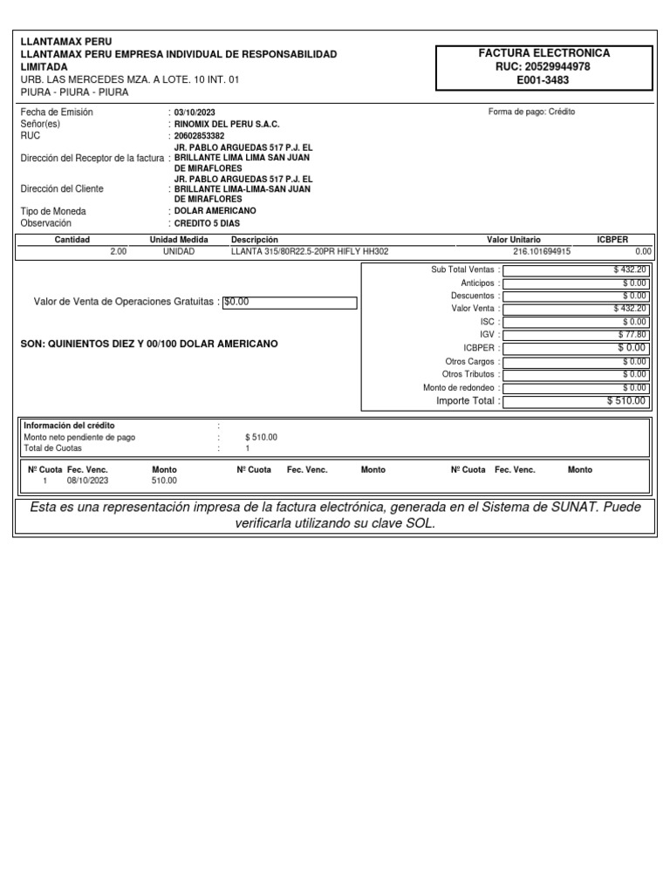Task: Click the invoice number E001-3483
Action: pos(544,79)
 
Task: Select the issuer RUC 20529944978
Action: pos(544,66)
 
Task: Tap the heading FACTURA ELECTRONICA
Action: pos(544,53)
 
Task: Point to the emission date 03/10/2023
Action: pos(194,112)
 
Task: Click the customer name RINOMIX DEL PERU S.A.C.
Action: pos(227,125)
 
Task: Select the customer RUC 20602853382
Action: pos(199,136)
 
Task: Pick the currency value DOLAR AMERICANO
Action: pos(215,211)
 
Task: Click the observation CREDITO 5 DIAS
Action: pos(207,223)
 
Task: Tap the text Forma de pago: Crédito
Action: pos(531,112)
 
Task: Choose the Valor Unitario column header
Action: pos(513,239)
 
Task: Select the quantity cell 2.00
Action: pos(118,251)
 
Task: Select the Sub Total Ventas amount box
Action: pos(576,270)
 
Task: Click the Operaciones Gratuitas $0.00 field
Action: pos(290,303)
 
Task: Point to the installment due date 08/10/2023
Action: pos(87,481)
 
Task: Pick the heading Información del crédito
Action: pos(69,426)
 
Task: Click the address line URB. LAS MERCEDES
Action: pos(129,79)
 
